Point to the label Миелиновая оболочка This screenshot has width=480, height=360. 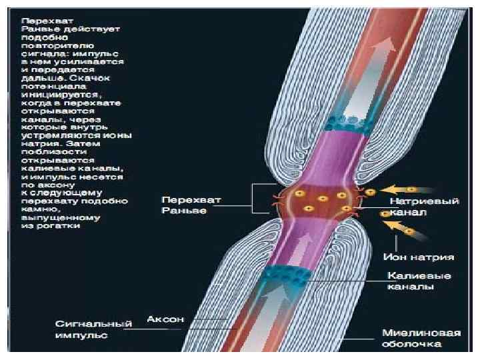coord(411,337)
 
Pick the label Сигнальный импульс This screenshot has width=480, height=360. coord(93,327)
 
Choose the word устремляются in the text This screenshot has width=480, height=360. coord(53,135)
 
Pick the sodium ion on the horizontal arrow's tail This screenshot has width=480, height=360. coord(413,189)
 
